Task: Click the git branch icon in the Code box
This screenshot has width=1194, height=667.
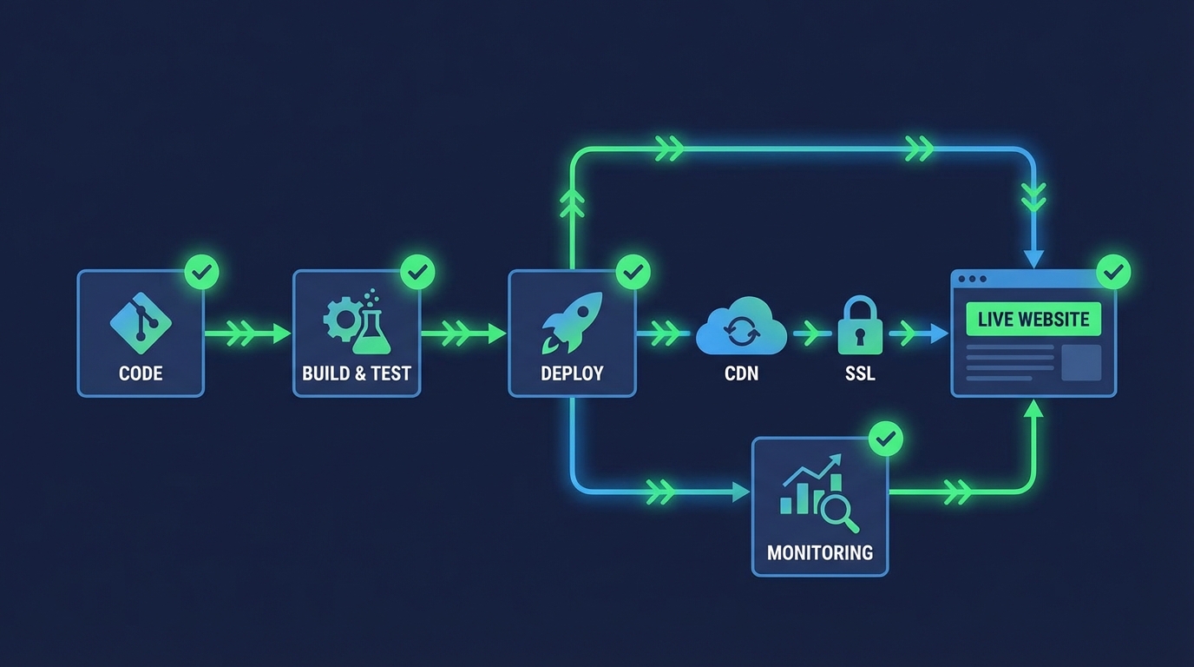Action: click(x=141, y=321)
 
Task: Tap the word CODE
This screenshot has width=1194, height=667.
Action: click(x=141, y=373)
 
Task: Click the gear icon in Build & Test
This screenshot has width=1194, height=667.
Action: click(x=340, y=320)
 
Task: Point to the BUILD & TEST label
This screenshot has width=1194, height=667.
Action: click(x=357, y=373)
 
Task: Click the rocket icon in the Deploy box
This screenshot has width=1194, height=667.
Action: click(x=572, y=321)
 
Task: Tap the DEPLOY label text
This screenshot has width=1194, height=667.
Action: click(x=572, y=373)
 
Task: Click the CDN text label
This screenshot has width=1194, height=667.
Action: click(x=741, y=373)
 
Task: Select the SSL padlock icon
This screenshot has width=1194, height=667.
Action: click(x=860, y=327)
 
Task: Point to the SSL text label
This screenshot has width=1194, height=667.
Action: click(x=860, y=373)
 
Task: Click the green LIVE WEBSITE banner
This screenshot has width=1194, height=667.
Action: click(x=1033, y=319)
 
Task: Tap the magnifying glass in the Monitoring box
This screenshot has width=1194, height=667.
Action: click(x=838, y=512)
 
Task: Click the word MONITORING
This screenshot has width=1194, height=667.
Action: click(x=820, y=552)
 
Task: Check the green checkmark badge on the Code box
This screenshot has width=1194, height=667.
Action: click(x=202, y=272)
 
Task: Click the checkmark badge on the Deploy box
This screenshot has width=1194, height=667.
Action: click(x=633, y=272)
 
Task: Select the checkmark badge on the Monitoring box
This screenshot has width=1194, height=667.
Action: click(x=886, y=439)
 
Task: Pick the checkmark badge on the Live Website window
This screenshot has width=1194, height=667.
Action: click(x=1113, y=272)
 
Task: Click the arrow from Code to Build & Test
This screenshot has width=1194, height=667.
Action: click(x=247, y=333)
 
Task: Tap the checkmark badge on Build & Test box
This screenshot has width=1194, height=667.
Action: click(x=418, y=272)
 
